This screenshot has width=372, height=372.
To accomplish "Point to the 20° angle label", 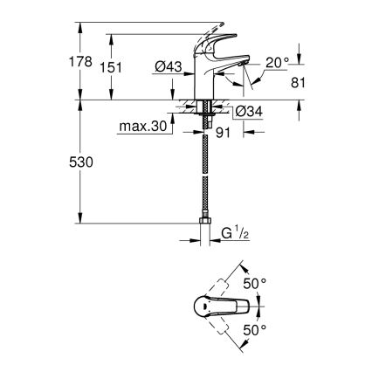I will [277, 64].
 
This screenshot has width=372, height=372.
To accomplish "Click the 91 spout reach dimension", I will [221, 133].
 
